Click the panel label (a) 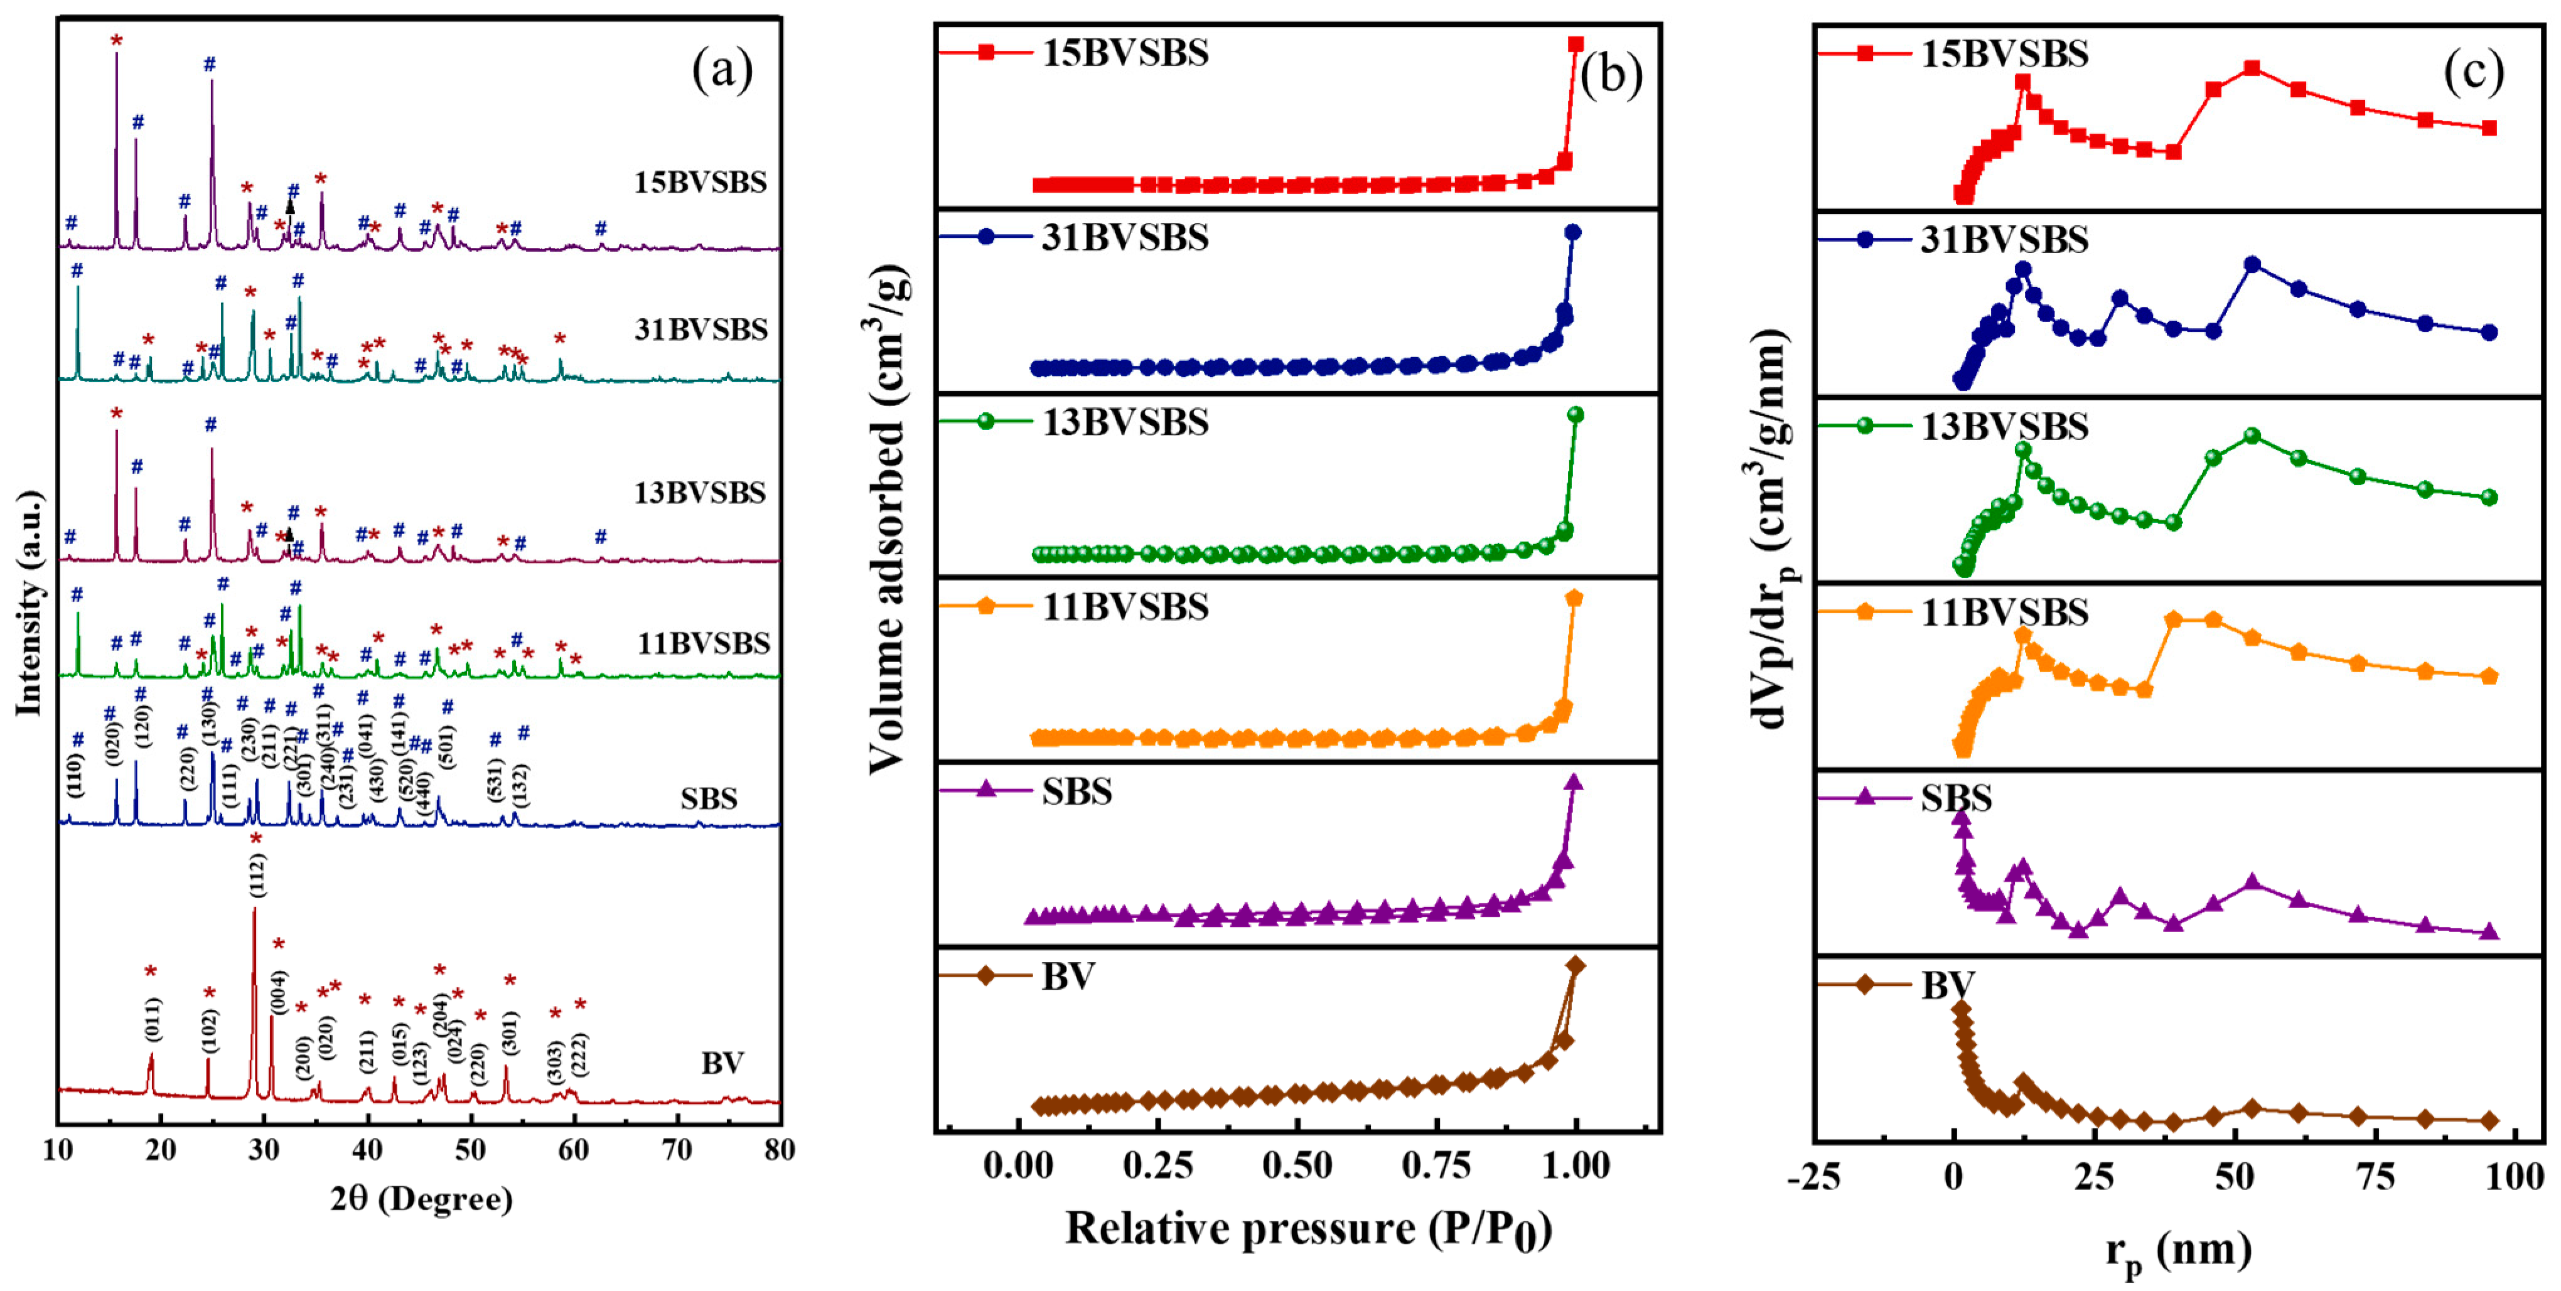click(x=722, y=70)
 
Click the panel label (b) click(x=1611, y=75)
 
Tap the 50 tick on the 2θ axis click(x=470, y=1150)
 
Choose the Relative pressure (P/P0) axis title click(x=1308, y=1230)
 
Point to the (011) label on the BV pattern click(x=152, y=1019)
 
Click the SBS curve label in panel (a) click(x=708, y=799)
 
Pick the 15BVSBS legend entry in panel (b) click(x=1124, y=53)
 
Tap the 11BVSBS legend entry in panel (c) click(x=2002, y=612)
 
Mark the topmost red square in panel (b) click(x=1576, y=44)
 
